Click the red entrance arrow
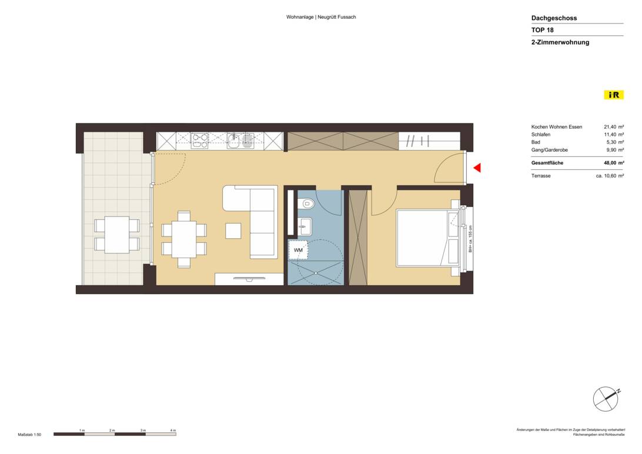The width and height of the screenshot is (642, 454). (x=477, y=168)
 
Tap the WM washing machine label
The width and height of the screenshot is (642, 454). (x=298, y=250)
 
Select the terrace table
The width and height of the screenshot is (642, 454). (x=117, y=235)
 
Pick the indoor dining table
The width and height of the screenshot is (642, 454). (x=184, y=239)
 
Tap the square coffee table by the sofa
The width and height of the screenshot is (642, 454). (x=233, y=231)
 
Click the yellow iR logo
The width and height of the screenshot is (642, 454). (x=613, y=95)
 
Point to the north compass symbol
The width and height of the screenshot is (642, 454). (x=606, y=400)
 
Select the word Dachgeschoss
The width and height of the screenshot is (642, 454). (x=554, y=18)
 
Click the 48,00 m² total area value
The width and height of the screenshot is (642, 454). (x=613, y=163)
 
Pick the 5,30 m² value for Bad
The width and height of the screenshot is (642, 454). (x=613, y=142)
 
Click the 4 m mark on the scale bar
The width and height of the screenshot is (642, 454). (x=173, y=431)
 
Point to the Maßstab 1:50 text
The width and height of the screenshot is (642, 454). (x=29, y=435)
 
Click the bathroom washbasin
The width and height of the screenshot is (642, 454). (x=305, y=224)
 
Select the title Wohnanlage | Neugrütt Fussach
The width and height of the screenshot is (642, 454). (x=321, y=17)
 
